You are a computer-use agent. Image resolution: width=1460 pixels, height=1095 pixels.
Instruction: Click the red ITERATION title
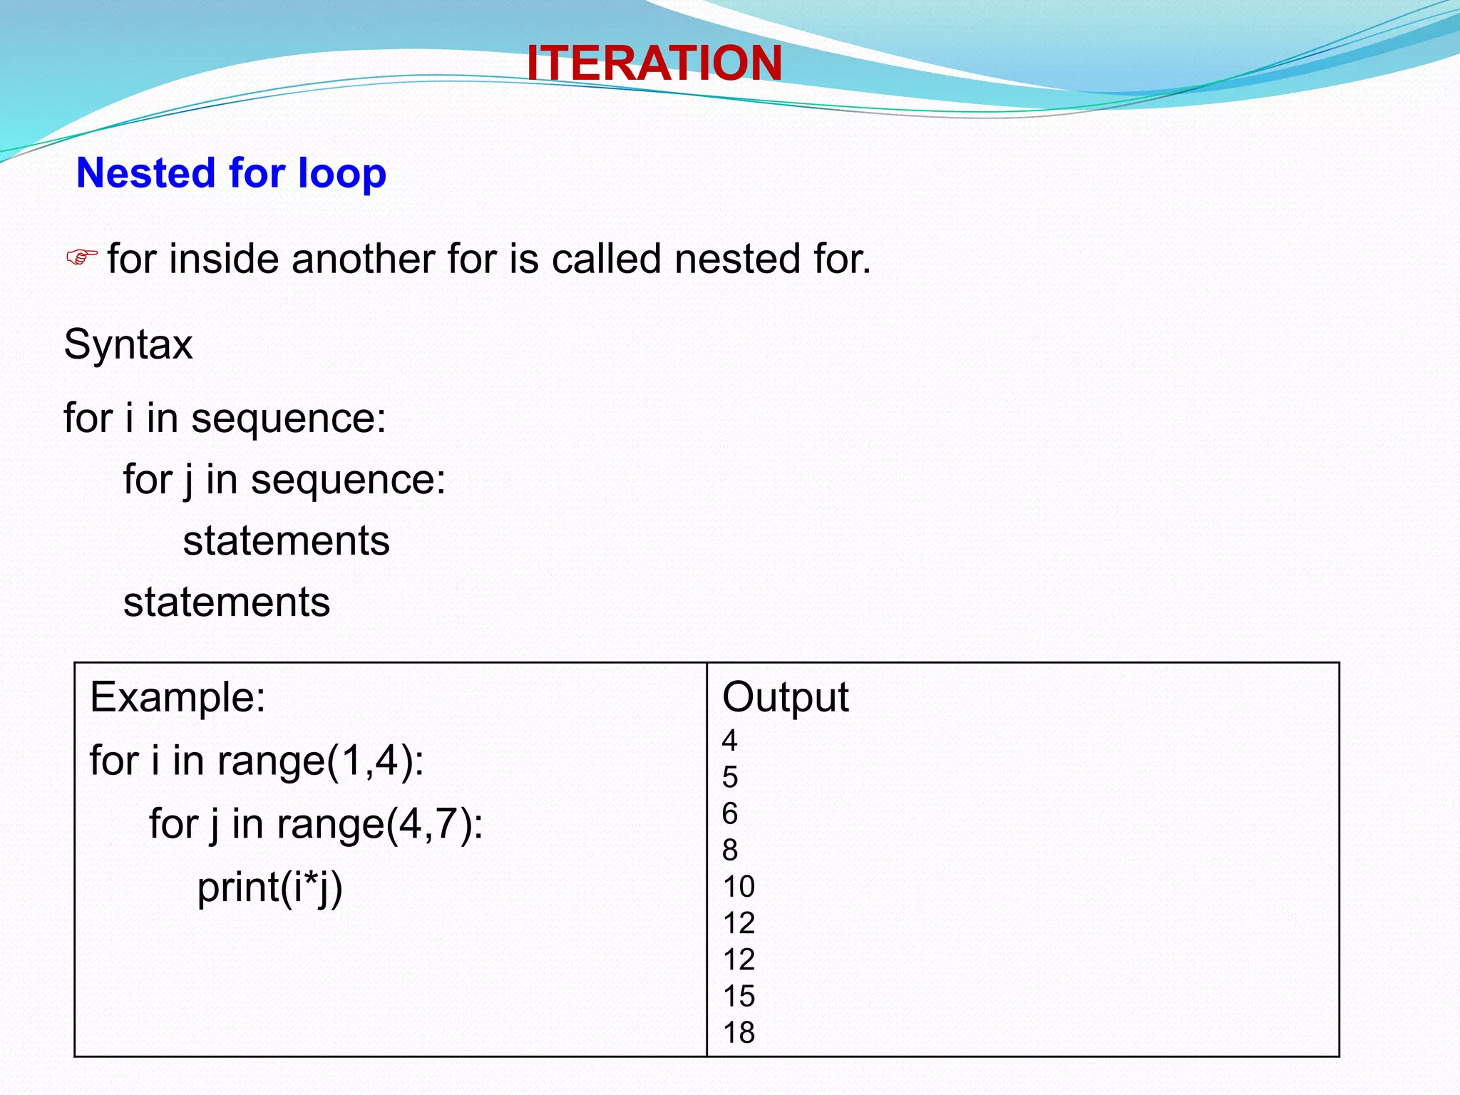pyautogui.click(x=654, y=63)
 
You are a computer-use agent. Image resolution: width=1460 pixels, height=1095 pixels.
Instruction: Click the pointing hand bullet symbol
pyautogui.click(x=81, y=257)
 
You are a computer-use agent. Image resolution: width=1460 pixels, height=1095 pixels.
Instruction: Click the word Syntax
pyautogui.click(x=128, y=345)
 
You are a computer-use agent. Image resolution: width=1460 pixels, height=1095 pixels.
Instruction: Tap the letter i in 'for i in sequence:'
pyautogui.click(x=128, y=418)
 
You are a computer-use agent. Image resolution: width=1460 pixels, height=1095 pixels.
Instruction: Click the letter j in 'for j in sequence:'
pyautogui.click(x=188, y=480)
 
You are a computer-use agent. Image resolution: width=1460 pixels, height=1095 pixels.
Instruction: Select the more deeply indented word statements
pyautogui.click(x=286, y=540)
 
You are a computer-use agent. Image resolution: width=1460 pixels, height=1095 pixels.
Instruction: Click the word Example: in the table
pyautogui.click(x=178, y=696)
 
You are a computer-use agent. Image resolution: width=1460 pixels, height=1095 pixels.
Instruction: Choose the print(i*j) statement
pyautogui.click(x=269, y=888)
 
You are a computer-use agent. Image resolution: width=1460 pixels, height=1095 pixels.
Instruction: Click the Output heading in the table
pyautogui.click(x=785, y=696)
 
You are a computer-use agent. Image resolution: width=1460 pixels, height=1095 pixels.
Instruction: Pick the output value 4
pyautogui.click(x=729, y=741)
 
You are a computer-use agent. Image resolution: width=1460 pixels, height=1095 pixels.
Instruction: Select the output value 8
pyautogui.click(x=729, y=850)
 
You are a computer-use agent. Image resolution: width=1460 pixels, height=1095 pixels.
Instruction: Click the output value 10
pyautogui.click(x=739, y=887)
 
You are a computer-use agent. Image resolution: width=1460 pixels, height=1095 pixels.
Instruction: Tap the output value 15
pyautogui.click(x=739, y=996)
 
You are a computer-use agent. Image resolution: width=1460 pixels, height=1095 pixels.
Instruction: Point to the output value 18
pyautogui.click(x=739, y=1032)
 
